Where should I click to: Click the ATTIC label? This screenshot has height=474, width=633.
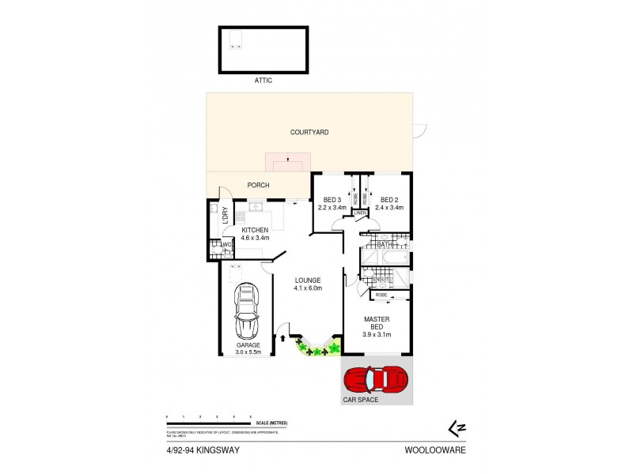263,81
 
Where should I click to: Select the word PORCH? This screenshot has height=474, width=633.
258,185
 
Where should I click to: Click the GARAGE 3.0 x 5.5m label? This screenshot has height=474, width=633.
247,349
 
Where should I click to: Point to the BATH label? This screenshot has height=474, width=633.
385,245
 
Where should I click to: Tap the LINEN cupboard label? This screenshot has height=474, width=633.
360,213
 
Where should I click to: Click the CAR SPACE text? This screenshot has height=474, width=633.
361,400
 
